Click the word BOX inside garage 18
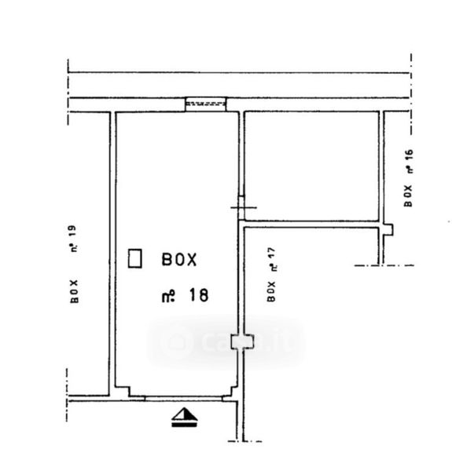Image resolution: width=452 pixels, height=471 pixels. [x=179, y=259]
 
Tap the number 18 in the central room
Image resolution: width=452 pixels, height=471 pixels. [x=199, y=294]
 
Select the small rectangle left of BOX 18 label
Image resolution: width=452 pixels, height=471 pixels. [x=134, y=258]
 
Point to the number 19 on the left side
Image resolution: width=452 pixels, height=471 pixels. [x=73, y=232]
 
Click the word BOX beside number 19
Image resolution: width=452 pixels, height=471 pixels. [x=74, y=292]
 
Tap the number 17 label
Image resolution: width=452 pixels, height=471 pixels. [x=271, y=254]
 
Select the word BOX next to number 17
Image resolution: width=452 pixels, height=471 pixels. [x=271, y=291]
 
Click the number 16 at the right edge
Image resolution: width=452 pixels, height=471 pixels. [x=409, y=156]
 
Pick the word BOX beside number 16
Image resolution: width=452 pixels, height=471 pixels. [x=408, y=195]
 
